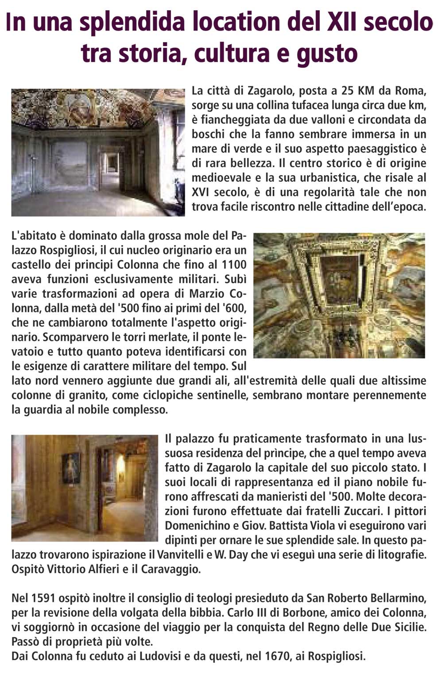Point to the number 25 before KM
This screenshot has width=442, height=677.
[x=349, y=92]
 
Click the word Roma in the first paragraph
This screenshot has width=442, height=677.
[x=411, y=92]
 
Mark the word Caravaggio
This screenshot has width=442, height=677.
[x=171, y=569]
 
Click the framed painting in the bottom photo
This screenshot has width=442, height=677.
[x=71, y=468]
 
